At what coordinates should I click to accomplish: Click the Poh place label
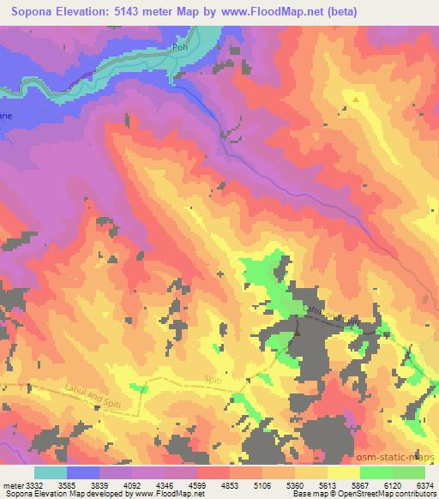(x=180, y=49)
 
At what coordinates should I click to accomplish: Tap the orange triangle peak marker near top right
(x=355, y=99)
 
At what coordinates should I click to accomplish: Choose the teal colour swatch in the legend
(x=51, y=472)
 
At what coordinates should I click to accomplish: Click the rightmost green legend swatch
(x=409, y=472)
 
